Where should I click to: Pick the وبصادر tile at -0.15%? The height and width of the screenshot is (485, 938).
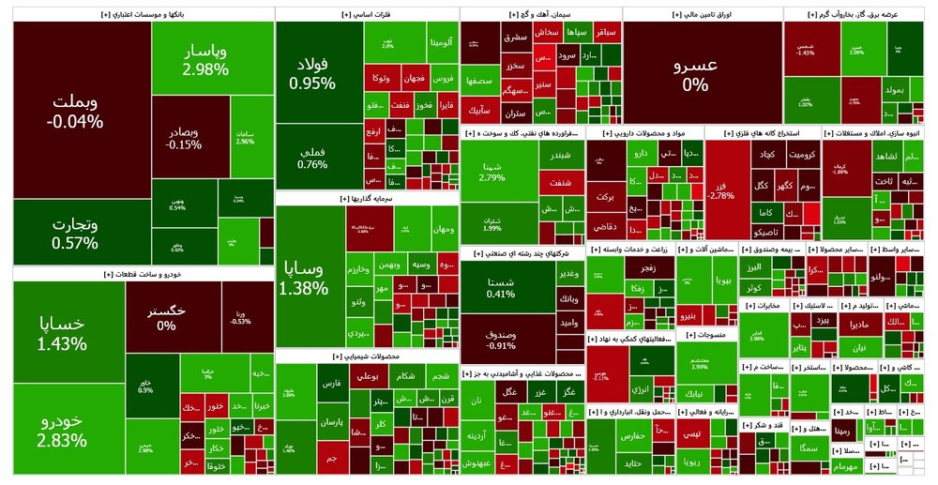point(184,137)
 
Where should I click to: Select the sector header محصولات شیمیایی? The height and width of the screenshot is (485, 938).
point(366,356)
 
